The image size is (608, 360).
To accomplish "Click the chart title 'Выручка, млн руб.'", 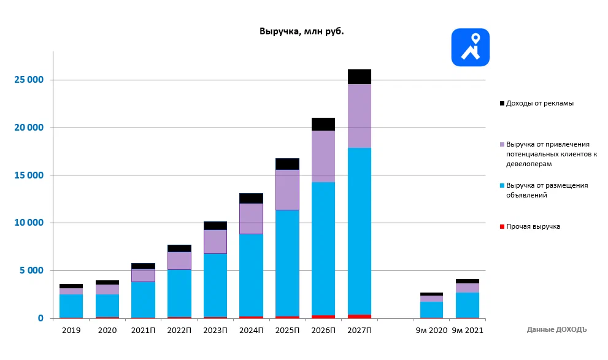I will tap(301, 31).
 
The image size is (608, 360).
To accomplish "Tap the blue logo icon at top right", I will tap(470, 47).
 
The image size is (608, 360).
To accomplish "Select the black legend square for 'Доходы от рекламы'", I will tap(502, 104).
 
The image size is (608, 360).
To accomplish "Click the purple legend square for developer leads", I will tap(502, 144).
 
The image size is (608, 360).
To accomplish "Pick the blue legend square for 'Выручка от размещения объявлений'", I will tap(502, 185).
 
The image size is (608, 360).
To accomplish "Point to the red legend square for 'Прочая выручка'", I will tap(502, 227).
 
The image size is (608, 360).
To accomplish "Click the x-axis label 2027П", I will tap(360, 331).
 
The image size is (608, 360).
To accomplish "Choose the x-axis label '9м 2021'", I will tap(468, 331).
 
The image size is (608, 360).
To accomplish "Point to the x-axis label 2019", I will tap(71, 331).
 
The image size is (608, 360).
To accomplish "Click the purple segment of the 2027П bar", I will tap(360, 116).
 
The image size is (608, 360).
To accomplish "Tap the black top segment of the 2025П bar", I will tap(287, 164).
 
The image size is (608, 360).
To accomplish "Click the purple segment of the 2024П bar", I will tap(251, 218).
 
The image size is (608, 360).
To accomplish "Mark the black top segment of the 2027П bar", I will tap(360, 77).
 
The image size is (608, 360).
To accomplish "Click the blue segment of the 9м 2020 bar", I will tap(432, 310).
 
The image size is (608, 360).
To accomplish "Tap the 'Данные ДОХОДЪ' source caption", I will tap(556, 329).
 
